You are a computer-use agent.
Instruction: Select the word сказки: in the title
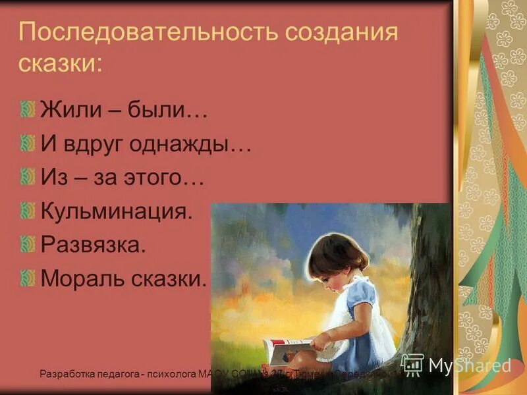coord(61,63)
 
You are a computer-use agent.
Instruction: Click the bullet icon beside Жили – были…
coord(27,109)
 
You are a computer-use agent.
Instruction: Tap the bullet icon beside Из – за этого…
coord(27,176)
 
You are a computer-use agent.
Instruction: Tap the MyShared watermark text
coord(470,365)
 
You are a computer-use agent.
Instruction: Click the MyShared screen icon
coord(412,364)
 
